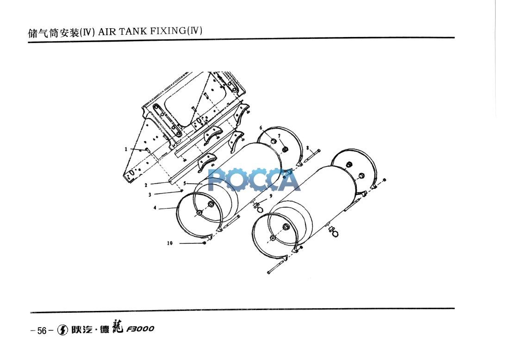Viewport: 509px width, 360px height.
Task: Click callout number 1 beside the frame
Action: [125, 149]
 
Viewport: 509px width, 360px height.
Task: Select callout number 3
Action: [150, 195]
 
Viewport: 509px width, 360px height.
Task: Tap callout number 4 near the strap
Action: [155, 208]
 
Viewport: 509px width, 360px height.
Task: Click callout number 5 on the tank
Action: [184, 183]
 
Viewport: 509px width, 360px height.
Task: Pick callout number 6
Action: [261, 127]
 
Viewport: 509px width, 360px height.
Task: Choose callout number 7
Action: [279, 136]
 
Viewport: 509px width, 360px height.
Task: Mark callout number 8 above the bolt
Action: [308, 148]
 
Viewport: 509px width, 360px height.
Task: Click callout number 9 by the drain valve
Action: [271, 196]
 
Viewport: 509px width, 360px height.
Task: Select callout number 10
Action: [170, 243]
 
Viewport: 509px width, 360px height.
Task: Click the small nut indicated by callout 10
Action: [204, 243]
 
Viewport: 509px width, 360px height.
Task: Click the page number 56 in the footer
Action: [42, 330]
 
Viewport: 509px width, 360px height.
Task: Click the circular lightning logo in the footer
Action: [62, 330]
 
